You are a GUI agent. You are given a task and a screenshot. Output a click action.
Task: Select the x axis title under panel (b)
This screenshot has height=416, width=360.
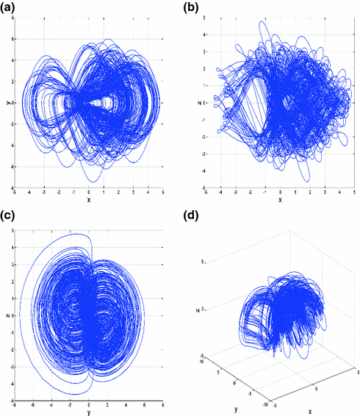pos(280,200)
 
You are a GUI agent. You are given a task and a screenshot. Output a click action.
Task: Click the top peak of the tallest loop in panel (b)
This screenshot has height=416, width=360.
pos(261,21)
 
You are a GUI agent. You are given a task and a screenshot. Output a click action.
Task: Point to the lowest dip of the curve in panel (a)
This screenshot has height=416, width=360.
pos(90,181)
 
